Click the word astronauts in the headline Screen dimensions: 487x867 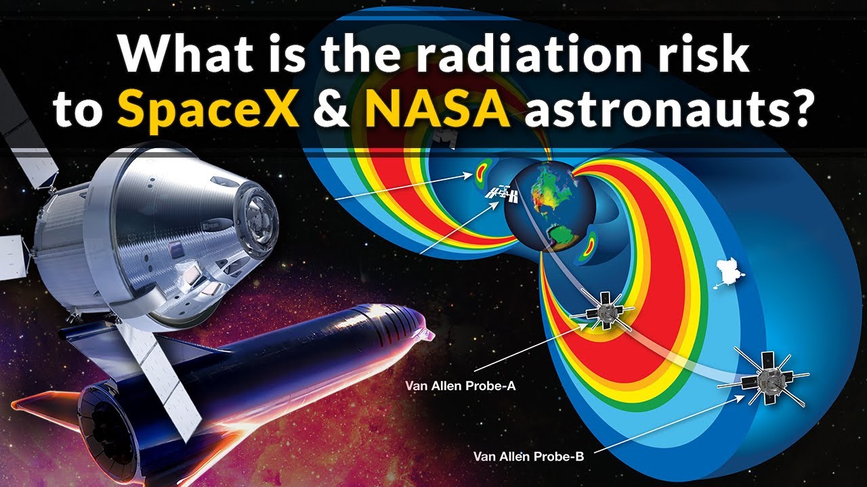667,110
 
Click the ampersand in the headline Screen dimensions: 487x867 332,109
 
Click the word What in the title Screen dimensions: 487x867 179,54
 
